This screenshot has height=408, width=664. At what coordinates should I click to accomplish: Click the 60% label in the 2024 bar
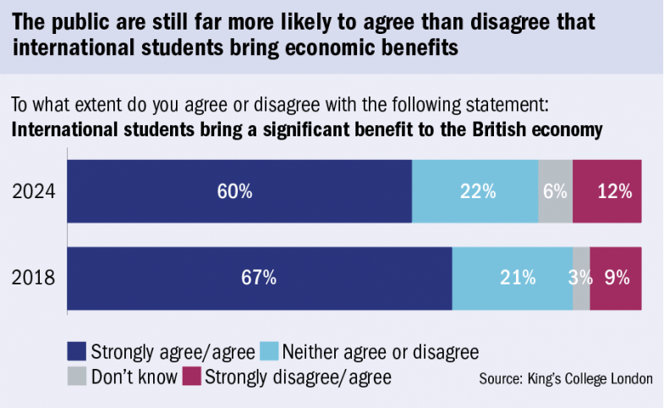[x=234, y=191]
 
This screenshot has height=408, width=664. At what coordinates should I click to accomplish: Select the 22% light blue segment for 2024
[x=475, y=191]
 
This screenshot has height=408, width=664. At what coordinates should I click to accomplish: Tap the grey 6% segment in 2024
[x=555, y=191]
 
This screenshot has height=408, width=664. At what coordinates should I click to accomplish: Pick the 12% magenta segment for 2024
[x=607, y=191]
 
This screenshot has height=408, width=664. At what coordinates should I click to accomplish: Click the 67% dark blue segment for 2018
[x=259, y=278]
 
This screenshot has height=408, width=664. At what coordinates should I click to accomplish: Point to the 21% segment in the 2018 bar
[x=512, y=278]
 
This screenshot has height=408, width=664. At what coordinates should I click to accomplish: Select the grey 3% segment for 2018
[x=581, y=278]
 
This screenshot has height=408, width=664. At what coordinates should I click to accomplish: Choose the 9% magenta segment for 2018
[x=616, y=278]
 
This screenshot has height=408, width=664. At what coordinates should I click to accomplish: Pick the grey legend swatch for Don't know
[x=76, y=375]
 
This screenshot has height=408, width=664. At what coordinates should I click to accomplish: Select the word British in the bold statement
[x=496, y=130]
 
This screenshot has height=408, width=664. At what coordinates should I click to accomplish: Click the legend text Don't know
[x=134, y=375]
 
